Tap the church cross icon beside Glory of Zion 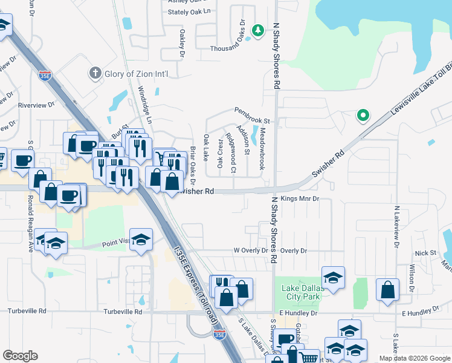click(94, 74)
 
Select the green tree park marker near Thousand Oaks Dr click(258, 30)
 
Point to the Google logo click(21, 355)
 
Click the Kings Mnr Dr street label click(299, 198)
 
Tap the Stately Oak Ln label click(189, 11)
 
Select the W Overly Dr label click(251, 250)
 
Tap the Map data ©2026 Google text click(413, 358)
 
